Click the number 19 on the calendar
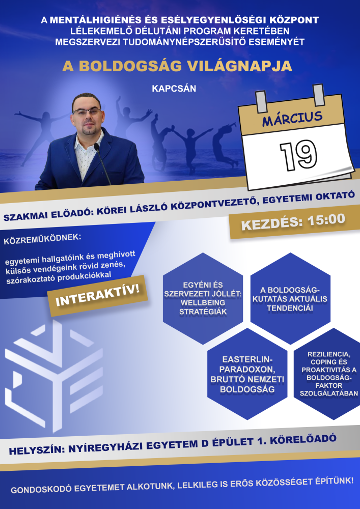click(298, 155)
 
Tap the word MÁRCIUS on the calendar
click(292, 119)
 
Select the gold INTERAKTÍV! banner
click(97, 296)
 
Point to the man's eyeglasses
click(87, 112)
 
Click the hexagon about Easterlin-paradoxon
click(247, 374)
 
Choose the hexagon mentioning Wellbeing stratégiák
click(203, 298)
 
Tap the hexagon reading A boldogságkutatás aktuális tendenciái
click(290, 298)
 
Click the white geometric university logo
click(54, 376)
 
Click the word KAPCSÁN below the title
click(174, 89)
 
